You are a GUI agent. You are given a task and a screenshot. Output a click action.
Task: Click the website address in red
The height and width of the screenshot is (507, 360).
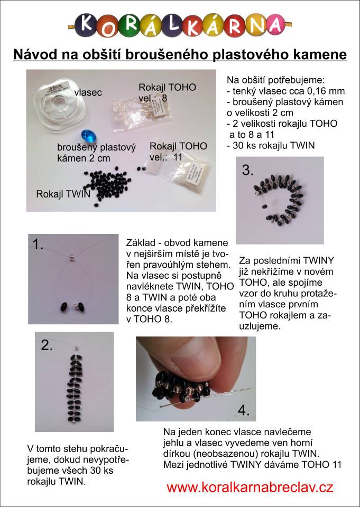(x=250, y=487)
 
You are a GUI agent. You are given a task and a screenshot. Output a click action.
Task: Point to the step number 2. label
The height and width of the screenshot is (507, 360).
(x=47, y=346)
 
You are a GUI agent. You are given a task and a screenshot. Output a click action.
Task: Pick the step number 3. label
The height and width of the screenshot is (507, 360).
(x=247, y=171)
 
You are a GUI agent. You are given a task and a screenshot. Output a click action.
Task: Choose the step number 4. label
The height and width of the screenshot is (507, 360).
(x=244, y=410)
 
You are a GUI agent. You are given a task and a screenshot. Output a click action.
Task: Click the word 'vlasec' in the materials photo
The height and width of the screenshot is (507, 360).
(x=88, y=92)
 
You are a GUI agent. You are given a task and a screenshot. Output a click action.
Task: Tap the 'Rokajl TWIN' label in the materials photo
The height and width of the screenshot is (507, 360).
(x=63, y=194)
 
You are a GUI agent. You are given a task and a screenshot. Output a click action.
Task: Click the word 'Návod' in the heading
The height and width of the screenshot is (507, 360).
(x=34, y=54)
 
